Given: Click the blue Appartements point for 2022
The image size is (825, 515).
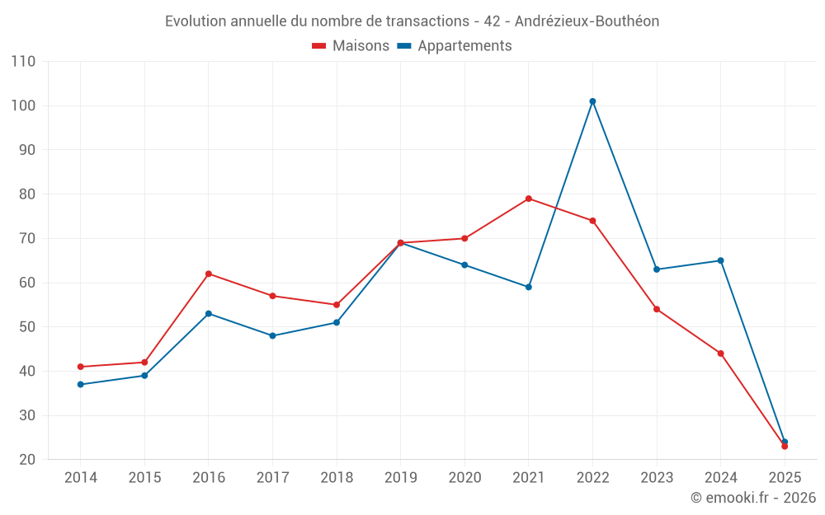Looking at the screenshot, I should (592, 101).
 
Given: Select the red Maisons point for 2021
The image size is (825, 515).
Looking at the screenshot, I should (529, 199).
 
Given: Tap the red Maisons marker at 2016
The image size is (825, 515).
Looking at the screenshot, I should (209, 274).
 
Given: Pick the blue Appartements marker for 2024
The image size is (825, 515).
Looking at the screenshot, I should (720, 260).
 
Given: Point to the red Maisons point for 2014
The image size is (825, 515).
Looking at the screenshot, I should (80, 367).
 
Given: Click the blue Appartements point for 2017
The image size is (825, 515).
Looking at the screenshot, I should (272, 335).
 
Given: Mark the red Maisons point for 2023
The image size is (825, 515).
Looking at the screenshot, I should (657, 309).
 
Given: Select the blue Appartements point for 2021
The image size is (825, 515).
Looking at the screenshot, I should (529, 287).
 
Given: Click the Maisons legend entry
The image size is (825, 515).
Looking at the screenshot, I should (351, 46).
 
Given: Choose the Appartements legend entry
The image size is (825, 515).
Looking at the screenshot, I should (455, 46).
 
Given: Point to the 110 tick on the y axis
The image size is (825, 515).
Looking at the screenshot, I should (24, 62).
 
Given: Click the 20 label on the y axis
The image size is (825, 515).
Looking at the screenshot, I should (27, 460).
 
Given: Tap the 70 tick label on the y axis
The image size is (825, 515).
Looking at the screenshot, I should (27, 239).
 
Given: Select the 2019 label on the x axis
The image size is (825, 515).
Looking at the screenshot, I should (400, 478).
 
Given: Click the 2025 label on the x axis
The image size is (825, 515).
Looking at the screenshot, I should (785, 478).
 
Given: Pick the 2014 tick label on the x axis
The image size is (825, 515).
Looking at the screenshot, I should (80, 478).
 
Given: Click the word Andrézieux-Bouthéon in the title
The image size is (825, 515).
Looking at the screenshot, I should (592, 21).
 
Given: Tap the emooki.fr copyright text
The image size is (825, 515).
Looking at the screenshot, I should (753, 498).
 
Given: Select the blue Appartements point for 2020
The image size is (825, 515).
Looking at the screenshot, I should (464, 265).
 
